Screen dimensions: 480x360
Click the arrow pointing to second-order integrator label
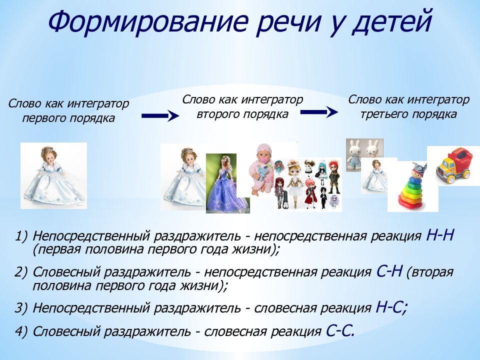(160, 115)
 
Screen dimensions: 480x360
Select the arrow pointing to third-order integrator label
(319, 112)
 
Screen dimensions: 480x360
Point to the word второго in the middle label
(217, 114)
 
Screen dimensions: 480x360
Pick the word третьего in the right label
(382, 114)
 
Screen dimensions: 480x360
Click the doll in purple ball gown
(227, 183)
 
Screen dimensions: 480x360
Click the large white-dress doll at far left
(54, 175)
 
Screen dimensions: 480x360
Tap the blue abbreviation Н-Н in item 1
(440, 235)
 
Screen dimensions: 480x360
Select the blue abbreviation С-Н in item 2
(389, 271)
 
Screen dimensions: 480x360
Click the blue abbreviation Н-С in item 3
(391, 307)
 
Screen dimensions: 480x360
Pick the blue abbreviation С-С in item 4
(340, 330)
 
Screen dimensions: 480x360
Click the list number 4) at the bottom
(21, 331)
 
